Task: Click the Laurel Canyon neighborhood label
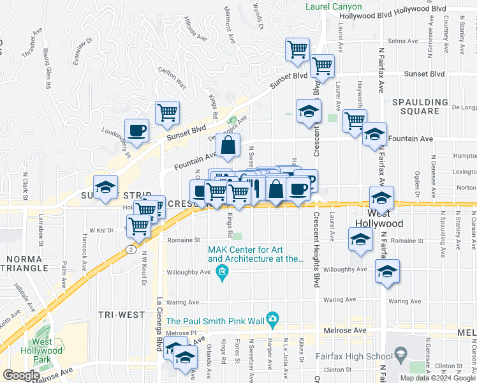coord(334,6)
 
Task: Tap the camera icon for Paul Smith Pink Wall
coord(273,318)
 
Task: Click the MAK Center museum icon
coord(222,274)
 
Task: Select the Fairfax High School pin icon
coord(400,354)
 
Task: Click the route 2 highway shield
coord(130,248)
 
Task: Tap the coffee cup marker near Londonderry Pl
coord(136,131)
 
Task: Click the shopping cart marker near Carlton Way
coord(167,113)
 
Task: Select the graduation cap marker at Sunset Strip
coord(105,187)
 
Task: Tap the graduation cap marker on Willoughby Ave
coord(386,271)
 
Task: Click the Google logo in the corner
coord(22,375)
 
